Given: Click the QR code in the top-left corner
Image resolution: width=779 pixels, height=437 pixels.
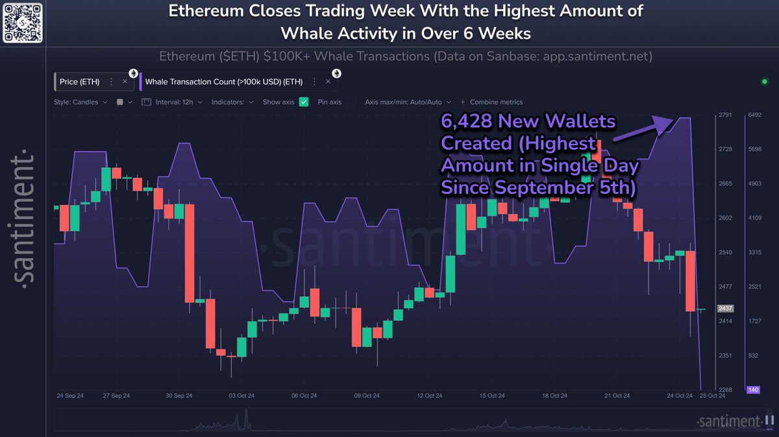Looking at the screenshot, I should click(23, 22).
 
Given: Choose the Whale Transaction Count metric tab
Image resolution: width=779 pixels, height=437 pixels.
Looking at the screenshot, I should click(223, 82).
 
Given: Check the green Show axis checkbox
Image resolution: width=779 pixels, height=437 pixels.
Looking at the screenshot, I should click(303, 102).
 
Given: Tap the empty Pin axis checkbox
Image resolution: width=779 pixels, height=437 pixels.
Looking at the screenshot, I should click(351, 102).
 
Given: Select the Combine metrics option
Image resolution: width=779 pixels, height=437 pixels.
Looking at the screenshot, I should click(496, 102).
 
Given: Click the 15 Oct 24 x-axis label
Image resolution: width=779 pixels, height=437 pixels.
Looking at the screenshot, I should click(492, 396).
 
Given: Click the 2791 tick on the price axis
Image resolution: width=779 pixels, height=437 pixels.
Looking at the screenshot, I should click(725, 115).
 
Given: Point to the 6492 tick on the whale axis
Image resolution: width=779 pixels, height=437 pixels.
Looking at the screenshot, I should click(754, 115).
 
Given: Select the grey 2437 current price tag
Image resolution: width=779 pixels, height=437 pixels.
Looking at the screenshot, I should click(725, 309).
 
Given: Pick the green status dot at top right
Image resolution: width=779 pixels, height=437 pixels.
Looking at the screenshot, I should click(764, 82).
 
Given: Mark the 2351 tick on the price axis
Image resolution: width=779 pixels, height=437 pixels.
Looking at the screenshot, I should click(725, 355).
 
